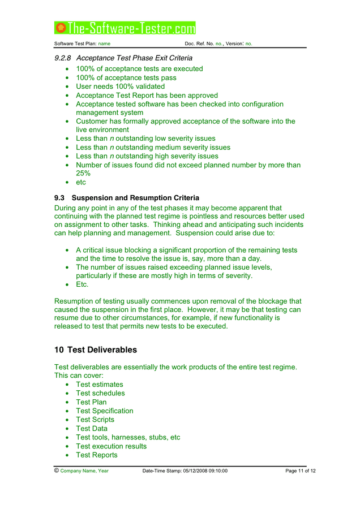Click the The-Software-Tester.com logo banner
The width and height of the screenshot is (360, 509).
pos(125,28)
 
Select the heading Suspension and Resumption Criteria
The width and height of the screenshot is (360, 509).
pos(135,198)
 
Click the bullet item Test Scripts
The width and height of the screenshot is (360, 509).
pos(95,420)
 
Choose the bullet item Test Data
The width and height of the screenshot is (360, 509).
pos(92,429)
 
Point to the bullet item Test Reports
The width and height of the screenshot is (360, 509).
pos(97,455)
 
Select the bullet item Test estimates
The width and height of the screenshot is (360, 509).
pos(100,385)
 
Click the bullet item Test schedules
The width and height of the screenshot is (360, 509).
pos(100,393)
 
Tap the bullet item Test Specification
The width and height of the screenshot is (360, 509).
pos(105,411)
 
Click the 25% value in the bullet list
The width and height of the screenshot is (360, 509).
pos(83,174)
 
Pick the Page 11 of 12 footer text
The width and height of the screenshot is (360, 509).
pos(301,471)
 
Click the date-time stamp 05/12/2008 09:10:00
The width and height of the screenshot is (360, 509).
pos(204,471)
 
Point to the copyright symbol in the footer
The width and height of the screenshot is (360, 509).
pos(57,471)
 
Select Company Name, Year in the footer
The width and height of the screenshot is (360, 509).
pos(84,471)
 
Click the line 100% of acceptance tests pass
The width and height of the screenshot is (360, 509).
pos(126,77)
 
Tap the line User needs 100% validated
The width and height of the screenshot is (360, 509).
pos(121,87)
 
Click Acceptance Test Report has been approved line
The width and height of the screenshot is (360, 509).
pos(147,96)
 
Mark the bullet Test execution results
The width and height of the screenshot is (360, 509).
pos(112,446)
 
